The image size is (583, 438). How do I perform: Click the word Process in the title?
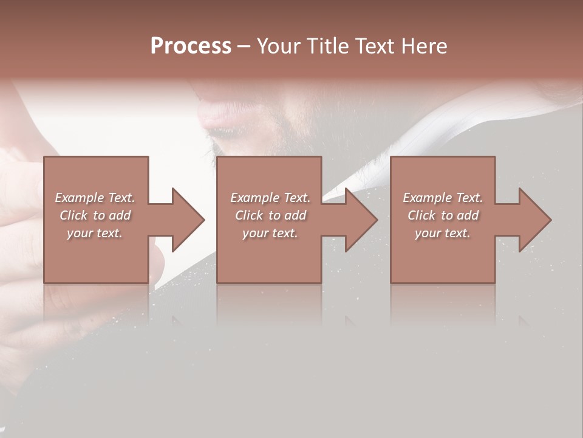point(191,46)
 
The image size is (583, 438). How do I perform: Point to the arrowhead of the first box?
point(188,220)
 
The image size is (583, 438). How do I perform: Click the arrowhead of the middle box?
point(362,220)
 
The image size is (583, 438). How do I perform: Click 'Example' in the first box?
point(78,198)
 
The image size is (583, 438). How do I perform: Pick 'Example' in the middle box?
point(254,198)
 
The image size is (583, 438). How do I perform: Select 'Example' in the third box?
point(426,198)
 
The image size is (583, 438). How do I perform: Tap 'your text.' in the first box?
point(95,233)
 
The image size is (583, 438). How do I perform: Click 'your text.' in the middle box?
point(270,233)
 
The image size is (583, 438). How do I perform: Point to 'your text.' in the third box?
point(443,233)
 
